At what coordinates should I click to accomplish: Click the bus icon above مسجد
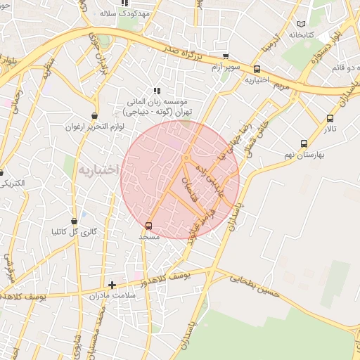click(x=148, y=226)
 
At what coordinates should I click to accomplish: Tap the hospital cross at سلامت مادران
click(x=112, y=285)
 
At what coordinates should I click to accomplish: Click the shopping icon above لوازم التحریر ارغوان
click(x=94, y=115)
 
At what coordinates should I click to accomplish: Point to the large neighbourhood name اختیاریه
click(x=96, y=170)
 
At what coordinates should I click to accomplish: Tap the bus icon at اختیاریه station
click(x=257, y=70)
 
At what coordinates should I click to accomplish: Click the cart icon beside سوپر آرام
click(x=225, y=57)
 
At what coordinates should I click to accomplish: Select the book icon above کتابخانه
click(x=302, y=24)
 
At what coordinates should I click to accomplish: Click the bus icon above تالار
click(x=330, y=118)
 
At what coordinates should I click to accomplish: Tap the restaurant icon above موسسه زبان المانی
click(x=157, y=91)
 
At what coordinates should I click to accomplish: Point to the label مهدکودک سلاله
click(x=120, y=13)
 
